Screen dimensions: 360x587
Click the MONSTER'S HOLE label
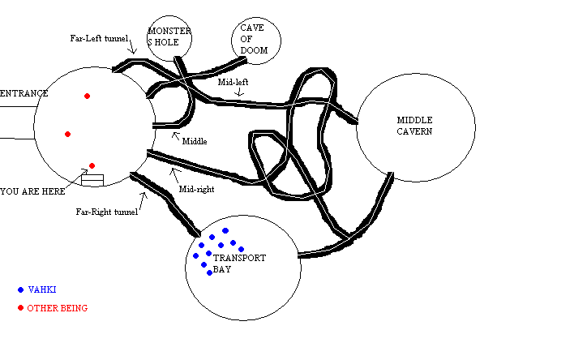(169, 37)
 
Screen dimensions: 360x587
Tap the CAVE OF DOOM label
(252, 38)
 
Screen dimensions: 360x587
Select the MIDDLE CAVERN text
(413, 126)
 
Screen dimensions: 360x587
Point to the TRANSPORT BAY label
(238, 264)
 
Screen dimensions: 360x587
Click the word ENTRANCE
(24, 93)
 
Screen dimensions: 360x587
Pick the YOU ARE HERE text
(32, 191)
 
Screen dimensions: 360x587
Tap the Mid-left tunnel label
(232, 82)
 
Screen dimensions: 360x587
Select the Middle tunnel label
(195, 141)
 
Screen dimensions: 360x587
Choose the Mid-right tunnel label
(196, 190)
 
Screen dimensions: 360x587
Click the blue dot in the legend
(20, 289)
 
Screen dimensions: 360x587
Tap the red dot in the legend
(20, 308)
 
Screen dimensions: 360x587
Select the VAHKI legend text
(42, 289)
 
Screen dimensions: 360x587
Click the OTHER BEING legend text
(57, 308)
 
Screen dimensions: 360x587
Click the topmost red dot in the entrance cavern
(87, 96)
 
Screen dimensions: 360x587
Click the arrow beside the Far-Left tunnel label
(133, 49)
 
